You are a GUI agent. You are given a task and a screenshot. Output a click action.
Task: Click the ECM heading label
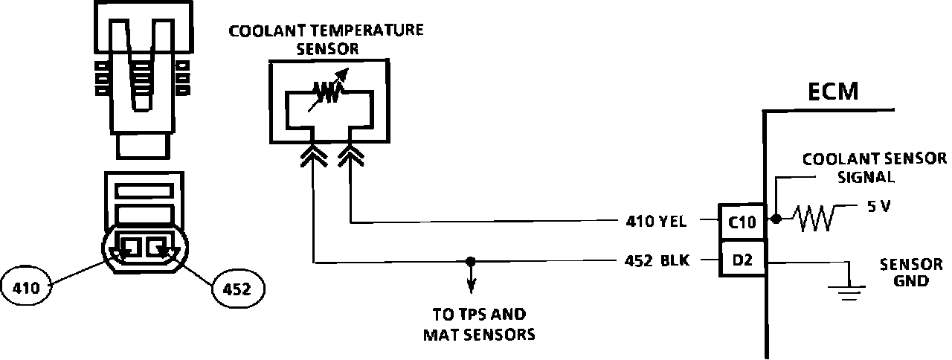tap(832, 92)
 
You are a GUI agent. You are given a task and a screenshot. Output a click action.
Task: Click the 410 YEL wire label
tap(658, 221)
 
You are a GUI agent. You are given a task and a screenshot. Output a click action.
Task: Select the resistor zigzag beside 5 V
tap(814, 219)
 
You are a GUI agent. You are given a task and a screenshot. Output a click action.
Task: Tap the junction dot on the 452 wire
tap(470, 262)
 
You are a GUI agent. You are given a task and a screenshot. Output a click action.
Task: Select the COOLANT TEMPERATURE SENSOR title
tap(327, 39)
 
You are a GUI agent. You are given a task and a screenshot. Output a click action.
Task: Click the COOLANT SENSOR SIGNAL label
tap(875, 167)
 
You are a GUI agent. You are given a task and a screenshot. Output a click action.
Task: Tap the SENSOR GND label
tap(911, 272)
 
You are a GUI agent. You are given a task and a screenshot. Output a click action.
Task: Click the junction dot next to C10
tap(775, 219)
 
